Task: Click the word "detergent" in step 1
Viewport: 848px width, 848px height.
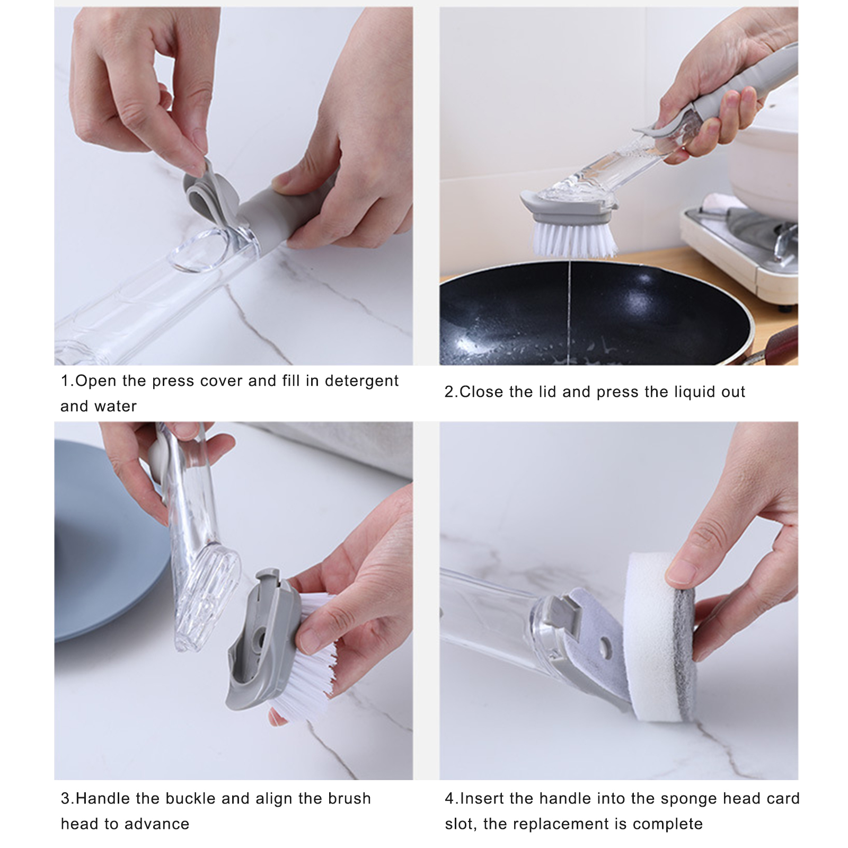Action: pyautogui.click(x=361, y=381)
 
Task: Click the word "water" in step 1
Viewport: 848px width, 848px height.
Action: pyautogui.click(x=114, y=407)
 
